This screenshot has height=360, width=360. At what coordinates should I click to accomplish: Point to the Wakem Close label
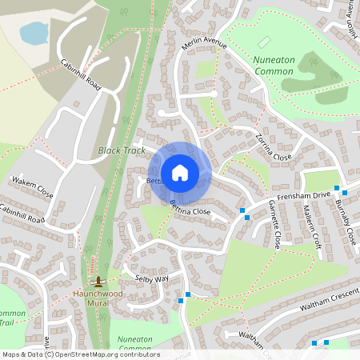(x=32, y=189)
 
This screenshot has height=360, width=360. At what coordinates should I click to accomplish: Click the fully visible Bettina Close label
(x=190, y=210)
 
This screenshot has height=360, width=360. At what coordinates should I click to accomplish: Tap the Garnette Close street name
(x=274, y=226)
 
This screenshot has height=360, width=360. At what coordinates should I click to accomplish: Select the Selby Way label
(x=152, y=278)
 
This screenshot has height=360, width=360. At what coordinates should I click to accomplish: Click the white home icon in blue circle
(x=180, y=173)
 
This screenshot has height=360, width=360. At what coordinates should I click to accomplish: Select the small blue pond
(x=34, y=33)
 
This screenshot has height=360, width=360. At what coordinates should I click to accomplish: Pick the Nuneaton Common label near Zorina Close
(x=274, y=66)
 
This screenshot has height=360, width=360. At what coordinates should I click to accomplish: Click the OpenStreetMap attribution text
(x=80, y=354)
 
